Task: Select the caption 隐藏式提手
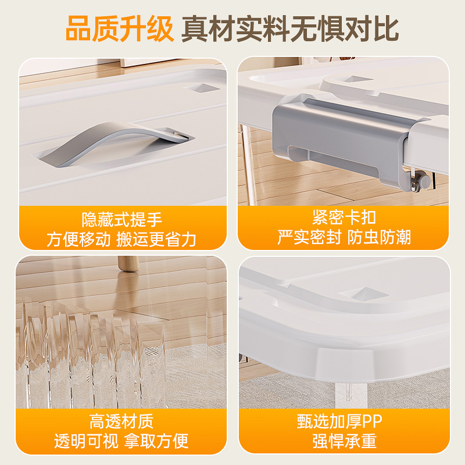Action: pyautogui.click(x=121, y=220)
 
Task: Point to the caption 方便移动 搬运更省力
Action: pyautogui.click(x=121, y=239)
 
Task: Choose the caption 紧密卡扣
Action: pyautogui.click(x=344, y=218)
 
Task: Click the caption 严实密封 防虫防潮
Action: pyautogui.click(x=344, y=237)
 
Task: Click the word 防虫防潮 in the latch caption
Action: pyautogui.click(x=380, y=237)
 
